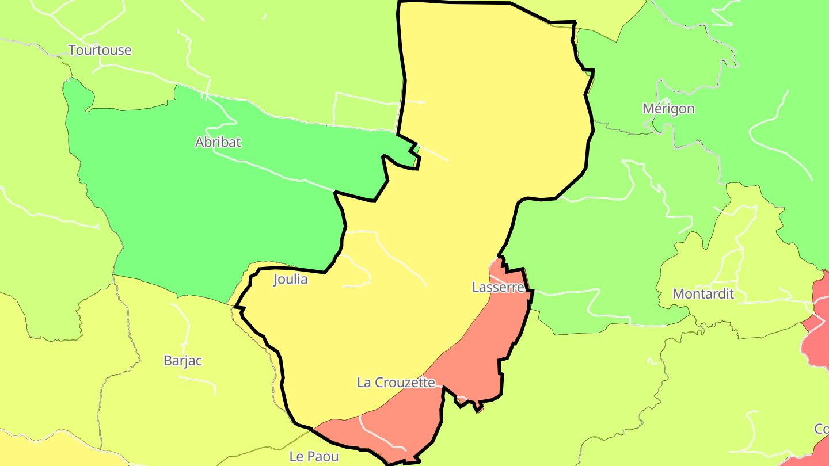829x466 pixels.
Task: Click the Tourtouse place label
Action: click(100, 50)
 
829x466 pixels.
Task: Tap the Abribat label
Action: click(218, 142)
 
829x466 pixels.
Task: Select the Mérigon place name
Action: click(668, 108)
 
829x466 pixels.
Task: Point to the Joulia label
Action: click(290, 280)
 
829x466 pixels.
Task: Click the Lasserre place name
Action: click(498, 287)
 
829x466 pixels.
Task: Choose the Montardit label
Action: click(703, 293)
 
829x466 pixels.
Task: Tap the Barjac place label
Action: click(182, 361)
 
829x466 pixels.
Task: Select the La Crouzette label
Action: click(396, 382)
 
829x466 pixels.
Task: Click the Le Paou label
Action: click(314, 456)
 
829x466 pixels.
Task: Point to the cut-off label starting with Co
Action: click(821, 429)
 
